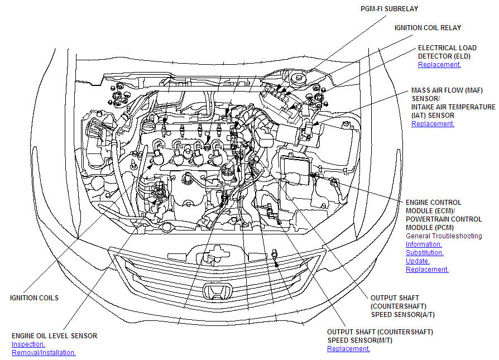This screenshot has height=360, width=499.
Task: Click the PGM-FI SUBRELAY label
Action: click(x=389, y=9)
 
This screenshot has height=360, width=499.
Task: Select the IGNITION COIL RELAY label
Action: click(x=428, y=28)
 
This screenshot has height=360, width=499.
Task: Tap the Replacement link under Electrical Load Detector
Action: click(x=439, y=65)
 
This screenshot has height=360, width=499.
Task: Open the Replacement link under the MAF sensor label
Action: click(x=433, y=124)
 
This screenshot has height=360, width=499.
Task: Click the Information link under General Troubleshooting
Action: click(x=424, y=244)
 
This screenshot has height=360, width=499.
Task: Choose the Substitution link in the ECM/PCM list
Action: click(x=425, y=253)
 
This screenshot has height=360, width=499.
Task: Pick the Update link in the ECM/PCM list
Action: click(x=418, y=261)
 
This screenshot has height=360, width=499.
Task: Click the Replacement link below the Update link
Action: click(x=427, y=269)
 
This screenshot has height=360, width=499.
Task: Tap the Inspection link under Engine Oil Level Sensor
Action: click(x=28, y=344)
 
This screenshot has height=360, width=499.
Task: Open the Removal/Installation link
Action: click(x=44, y=353)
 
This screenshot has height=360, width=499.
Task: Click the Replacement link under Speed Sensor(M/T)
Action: click(x=348, y=348)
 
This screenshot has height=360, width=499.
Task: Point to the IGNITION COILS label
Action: click(x=35, y=298)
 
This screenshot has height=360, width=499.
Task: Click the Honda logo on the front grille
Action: click(x=218, y=291)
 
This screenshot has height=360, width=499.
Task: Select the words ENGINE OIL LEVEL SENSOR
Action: click(x=54, y=336)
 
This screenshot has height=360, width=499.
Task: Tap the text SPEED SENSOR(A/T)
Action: click(x=402, y=314)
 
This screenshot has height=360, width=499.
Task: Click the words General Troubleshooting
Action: click(x=444, y=236)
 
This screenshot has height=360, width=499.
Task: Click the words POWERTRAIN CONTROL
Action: click(x=444, y=219)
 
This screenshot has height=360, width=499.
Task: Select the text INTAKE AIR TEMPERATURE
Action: click(x=453, y=107)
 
